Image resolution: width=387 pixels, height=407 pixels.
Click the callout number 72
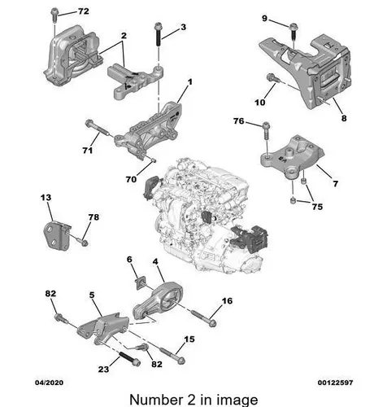tap(84, 11)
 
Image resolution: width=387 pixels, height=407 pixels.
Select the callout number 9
tap(264, 19)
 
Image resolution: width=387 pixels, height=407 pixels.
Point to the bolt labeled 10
tap(272, 78)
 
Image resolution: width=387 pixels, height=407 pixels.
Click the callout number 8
tap(344, 118)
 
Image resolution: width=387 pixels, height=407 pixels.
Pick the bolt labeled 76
tap(267, 131)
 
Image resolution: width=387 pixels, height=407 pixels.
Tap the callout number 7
tap(336, 184)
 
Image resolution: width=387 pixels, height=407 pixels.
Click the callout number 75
tap(317, 207)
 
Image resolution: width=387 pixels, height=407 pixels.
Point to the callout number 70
tap(131, 179)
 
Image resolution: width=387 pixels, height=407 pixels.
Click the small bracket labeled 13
tap(57, 234)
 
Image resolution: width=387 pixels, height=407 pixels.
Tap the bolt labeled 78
tap(80, 241)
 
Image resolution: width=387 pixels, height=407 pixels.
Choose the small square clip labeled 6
tap(141, 282)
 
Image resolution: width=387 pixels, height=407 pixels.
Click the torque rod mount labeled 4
tap(159, 301)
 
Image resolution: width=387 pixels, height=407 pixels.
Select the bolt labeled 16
tap(204, 317)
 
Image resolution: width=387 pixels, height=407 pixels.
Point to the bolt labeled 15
tap(172, 356)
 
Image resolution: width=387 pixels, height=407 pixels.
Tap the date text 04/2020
tap(50, 383)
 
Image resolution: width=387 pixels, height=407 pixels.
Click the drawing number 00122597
tap(336, 383)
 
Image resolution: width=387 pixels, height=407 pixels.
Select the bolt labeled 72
tap(54, 15)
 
